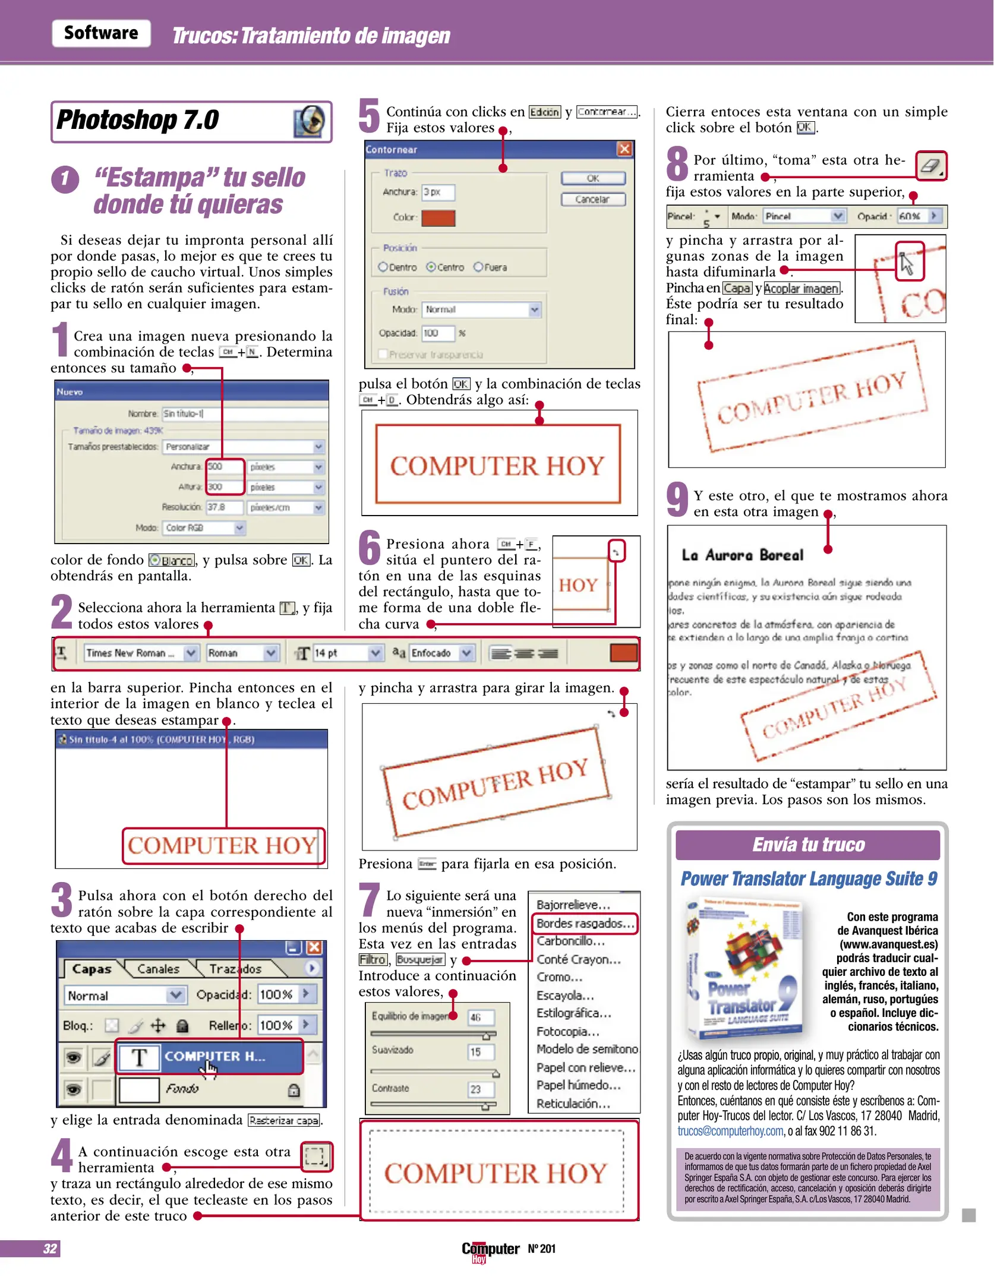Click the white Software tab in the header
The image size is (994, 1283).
(101, 33)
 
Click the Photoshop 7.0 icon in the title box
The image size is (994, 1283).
(309, 121)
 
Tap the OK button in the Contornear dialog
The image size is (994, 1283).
(593, 178)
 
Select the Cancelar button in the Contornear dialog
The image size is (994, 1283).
(593, 200)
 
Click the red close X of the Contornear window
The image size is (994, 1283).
(624, 149)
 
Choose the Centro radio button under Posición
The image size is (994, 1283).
(431, 267)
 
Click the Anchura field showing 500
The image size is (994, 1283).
(224, 467)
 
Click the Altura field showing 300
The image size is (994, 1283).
(224, 487)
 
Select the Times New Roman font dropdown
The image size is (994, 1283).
(139, 653)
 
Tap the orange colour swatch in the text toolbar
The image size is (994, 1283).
(623, 653)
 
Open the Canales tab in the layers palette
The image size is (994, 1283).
(158, 969)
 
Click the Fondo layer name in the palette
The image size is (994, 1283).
(182, 1089)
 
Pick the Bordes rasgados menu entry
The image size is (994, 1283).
(584, 924)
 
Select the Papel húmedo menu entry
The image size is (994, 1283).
(578, 1085)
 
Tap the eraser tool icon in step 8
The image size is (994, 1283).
(930, 166)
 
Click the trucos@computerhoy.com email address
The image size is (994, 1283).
(730, 1132)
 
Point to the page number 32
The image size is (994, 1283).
(50, 1249)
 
